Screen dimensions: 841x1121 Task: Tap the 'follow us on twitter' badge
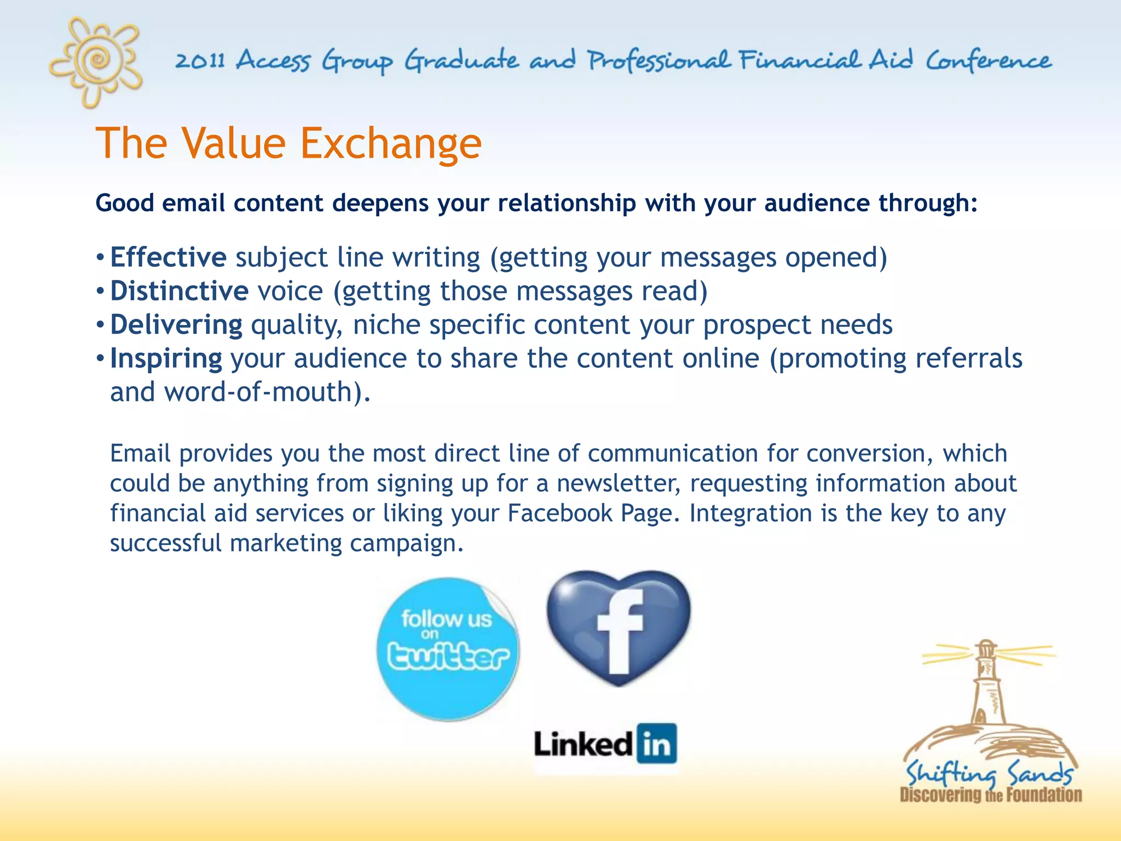[448, 649]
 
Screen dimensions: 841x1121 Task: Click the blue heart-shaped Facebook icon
[619, 627]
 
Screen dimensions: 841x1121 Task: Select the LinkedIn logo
[605, 745]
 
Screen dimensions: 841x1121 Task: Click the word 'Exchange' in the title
[391, 143]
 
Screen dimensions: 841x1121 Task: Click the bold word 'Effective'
[168, 257]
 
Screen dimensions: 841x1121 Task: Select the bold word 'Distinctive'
[179, 291]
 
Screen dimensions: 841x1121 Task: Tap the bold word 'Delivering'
[176, 325]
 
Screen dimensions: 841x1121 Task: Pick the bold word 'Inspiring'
[166, 359]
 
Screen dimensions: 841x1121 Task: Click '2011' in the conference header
[200, 60]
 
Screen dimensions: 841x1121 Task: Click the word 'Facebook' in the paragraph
[560, 514]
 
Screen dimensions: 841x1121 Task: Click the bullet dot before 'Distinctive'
[100, 291]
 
